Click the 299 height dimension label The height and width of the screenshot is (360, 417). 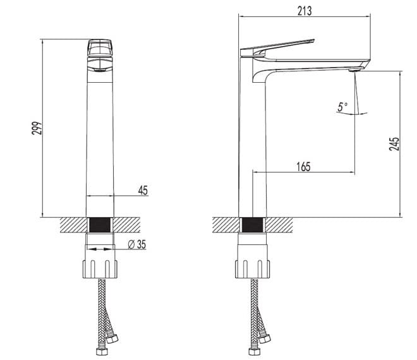point(37,128)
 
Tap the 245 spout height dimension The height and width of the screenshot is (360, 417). point(394,145)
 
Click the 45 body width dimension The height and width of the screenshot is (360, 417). point(143,190)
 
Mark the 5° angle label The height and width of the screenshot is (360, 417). point(342,108)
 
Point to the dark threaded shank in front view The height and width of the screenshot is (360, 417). point(100,225)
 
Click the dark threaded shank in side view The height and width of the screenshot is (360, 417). point(253,225)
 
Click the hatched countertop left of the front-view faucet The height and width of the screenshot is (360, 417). point(70,225)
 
